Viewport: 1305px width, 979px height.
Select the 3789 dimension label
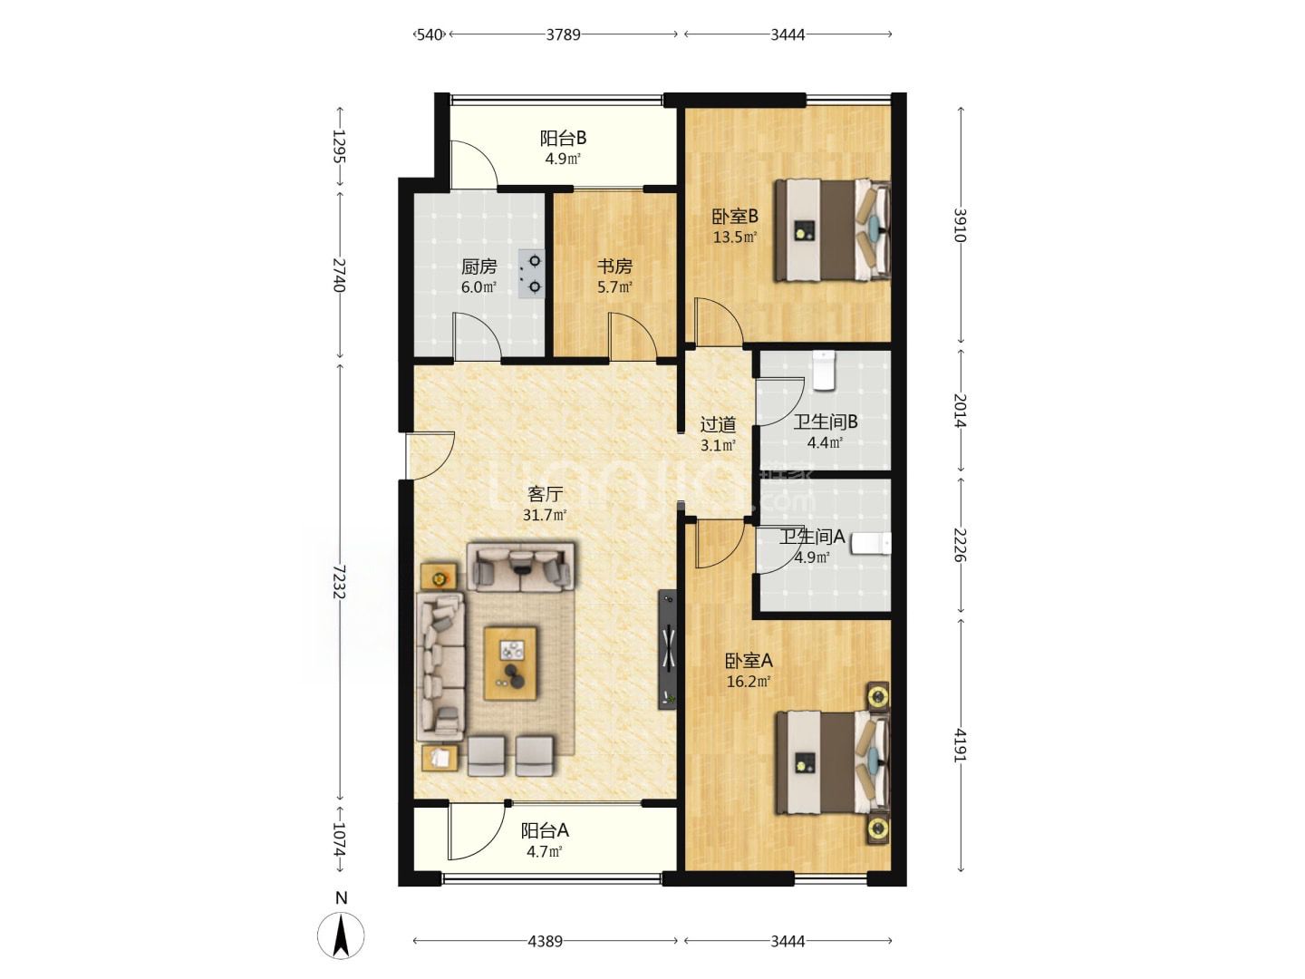563,34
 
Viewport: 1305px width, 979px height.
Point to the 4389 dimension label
546,941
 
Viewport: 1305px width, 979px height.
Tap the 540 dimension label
430,34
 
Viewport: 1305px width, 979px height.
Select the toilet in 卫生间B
824,371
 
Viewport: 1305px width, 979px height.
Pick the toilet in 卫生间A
871,543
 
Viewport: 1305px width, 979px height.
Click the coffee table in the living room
510,663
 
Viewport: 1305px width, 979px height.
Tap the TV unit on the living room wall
668,649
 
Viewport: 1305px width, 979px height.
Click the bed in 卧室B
832,230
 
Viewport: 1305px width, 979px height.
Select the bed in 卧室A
832,762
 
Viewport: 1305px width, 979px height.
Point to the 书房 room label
614,267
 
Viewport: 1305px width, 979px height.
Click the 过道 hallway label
718,424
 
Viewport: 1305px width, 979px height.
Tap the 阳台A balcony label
545,830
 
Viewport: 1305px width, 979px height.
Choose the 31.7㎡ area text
545,515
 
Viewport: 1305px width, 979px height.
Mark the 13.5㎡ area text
735,237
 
